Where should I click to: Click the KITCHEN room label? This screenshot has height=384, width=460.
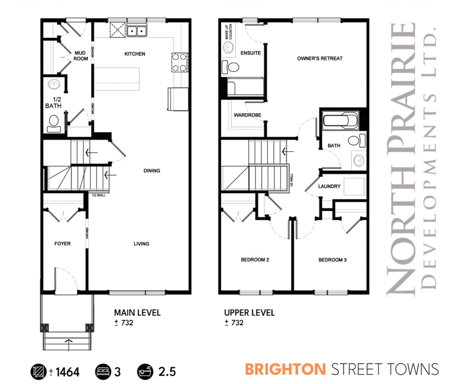(135, 54)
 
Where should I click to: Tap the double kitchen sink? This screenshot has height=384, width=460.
(137, 30)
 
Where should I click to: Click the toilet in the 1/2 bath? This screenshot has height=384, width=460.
(54, 124)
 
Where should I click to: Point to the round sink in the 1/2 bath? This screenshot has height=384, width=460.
(54, 84)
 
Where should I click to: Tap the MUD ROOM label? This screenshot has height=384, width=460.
(80, 56)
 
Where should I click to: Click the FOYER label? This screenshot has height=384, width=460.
(62, 243)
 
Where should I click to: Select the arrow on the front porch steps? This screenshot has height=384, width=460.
(69, 345)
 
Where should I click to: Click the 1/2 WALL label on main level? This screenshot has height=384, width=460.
(99, 195)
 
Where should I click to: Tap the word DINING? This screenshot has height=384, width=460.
(152, 170)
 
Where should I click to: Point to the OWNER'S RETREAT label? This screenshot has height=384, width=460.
(320, 58)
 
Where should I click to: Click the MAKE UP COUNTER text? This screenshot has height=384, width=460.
(228, 32)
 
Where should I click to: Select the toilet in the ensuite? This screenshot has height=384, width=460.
(230, 67)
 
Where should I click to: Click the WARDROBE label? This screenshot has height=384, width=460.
(248, 115)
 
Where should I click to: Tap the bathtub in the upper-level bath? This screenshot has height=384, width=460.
(340, 121)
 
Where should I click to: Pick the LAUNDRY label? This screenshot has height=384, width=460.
(329, 187)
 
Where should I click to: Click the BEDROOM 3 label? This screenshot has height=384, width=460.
(332, 260)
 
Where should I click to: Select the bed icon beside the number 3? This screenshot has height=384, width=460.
(103, 372)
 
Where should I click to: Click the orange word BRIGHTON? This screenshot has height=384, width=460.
(285, 369)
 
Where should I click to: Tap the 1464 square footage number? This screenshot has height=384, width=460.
(67, 372)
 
